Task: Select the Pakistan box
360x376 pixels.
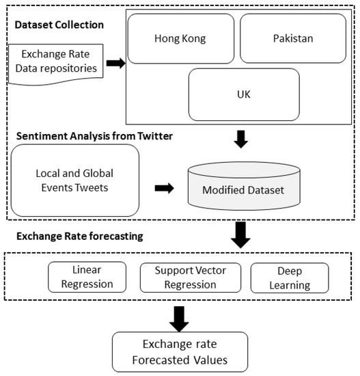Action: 293,38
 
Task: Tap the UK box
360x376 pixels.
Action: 243,94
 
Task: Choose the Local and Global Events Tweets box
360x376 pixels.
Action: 75,180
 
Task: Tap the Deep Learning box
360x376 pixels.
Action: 290,278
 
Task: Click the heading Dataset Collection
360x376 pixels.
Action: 59,25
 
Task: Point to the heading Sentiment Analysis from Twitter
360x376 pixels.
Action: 94,136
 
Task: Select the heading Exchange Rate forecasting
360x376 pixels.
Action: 80,237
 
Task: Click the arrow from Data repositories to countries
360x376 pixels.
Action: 115,64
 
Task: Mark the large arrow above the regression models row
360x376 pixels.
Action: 241,234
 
